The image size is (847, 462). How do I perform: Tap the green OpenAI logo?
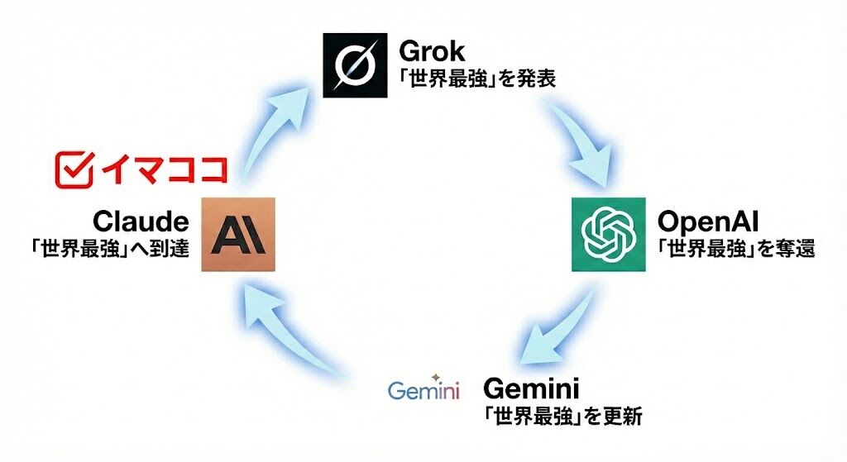tap(608, 235)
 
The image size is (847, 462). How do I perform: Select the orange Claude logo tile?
tap(239, 235)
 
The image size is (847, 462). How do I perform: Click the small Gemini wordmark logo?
tap(423, 389)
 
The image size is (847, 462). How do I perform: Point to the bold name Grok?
tap(433, 51)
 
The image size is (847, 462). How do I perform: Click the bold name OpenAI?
tap(709, 221)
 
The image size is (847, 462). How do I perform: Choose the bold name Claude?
tap(141, 221)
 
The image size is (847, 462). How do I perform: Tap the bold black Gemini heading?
tap(531, 388)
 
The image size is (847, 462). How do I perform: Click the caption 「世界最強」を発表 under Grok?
tap(477, 80)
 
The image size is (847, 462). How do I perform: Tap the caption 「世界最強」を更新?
tap(562, 415)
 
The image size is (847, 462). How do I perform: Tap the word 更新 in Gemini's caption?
tap(620, 415)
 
